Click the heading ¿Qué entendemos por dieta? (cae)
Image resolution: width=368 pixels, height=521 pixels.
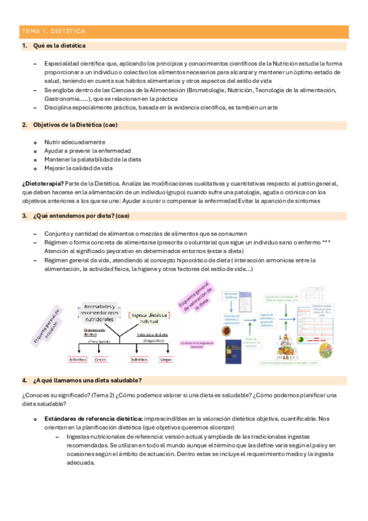(x=80, y=216)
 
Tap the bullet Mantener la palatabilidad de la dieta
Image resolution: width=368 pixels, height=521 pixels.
(x=93, y=159)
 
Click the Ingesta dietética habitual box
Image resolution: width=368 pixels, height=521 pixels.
(x=151, y=317)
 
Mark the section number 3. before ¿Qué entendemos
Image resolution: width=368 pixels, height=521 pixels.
(x=24, y=216)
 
